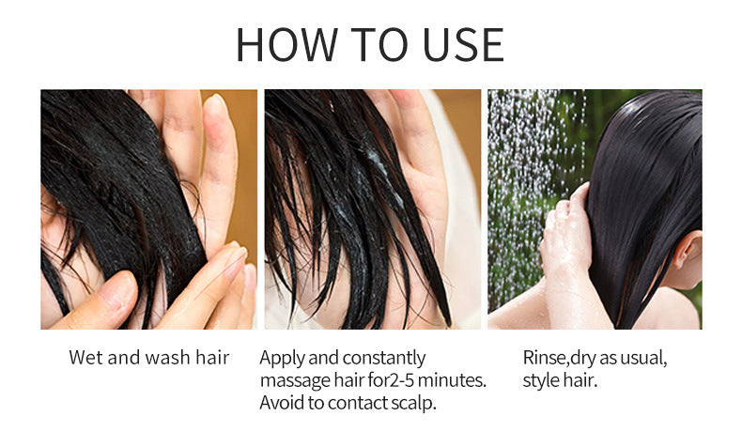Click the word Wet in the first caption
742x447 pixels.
pyautogui.click(x=85, y=358)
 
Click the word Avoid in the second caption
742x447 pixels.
pyautogui.click(x=282, y=404)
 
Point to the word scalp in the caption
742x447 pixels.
pyautogui.click(x=413, y=404)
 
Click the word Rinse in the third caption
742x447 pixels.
pyautogui.click(x=544, y=358)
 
